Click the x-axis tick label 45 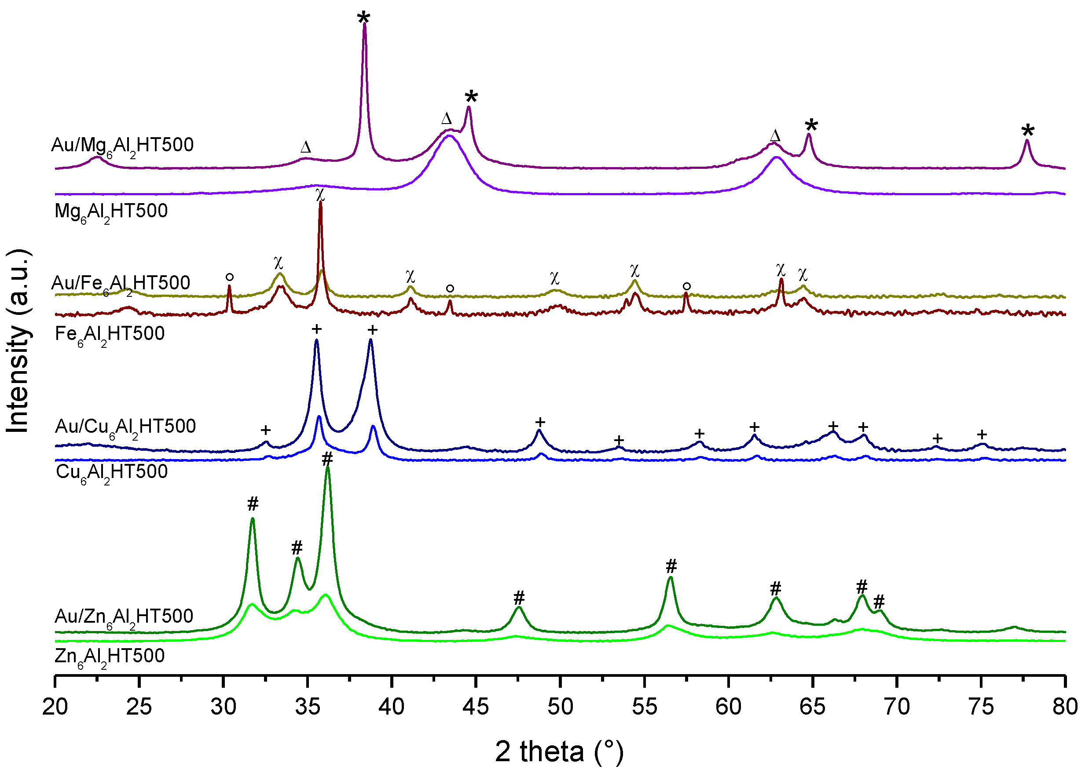[475, 707]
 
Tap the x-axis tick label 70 [897, 707]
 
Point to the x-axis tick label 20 [55, 707]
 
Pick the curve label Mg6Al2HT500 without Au [111, 212]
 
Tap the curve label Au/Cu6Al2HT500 [125, 427]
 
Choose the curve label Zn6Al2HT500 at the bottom [110, 657]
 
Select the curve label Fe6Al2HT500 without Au [110, 334]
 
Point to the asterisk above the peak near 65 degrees [811, 126]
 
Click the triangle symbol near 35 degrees [305, 147]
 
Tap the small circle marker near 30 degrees [230, 277]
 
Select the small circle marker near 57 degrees [686, 286]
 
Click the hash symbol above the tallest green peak [327, 459]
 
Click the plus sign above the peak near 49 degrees [540, 422]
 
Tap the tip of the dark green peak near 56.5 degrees [671, 577]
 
